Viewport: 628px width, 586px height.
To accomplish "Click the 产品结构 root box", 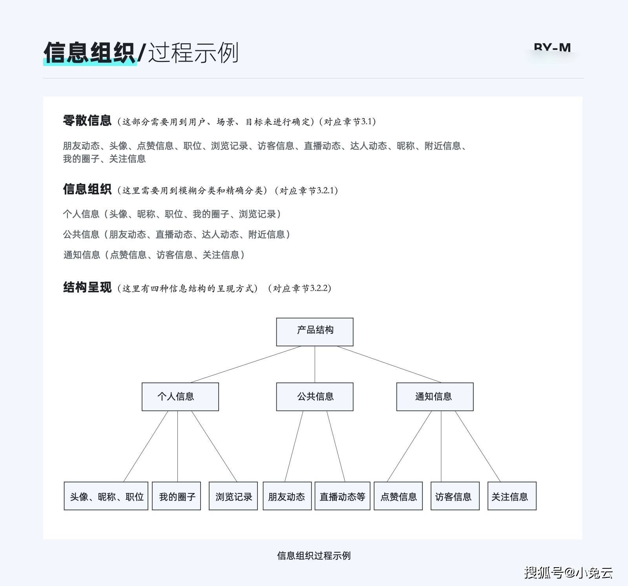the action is click(x=315, y=332).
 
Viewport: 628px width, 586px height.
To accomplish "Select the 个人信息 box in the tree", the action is click(x=180, y=397).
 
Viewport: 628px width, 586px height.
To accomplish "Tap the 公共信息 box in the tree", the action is click(x=315, y=397).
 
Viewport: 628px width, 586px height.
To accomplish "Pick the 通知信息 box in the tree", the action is click(x=435, y=397).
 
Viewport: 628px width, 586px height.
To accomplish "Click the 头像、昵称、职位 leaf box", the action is click(x=106, y=496).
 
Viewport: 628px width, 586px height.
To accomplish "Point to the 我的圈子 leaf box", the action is click(x=176, y=496).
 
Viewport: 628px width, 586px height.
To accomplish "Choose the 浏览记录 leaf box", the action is click(x=233, y=496).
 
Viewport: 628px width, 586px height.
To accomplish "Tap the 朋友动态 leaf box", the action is click(x=287, y=496).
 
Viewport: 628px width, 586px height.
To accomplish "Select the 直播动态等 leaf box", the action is click(x=342, y=496).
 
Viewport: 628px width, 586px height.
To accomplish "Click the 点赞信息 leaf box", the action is click(x=398, y=496).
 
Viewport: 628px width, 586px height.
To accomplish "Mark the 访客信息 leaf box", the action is click(x=455, y=496).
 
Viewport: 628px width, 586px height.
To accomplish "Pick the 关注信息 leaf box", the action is click(x=512, y=496).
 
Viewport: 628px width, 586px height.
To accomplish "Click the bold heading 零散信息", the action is click(x=87, y=120).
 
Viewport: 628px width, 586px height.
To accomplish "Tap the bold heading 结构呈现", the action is click(x=87, y=287).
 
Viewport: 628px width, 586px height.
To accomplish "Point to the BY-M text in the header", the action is click(x=552, y=47).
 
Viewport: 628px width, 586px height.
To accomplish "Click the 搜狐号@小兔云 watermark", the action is click(x=568, y=572).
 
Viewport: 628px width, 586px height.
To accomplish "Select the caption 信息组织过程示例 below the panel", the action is click(x=314, y=555).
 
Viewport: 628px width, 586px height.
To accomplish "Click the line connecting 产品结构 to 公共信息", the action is click(x=315, y=364).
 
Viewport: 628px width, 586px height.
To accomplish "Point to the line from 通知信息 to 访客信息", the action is click(x=441, y=446).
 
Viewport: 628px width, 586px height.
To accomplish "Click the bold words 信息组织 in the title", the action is click(x=90, y=52).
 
